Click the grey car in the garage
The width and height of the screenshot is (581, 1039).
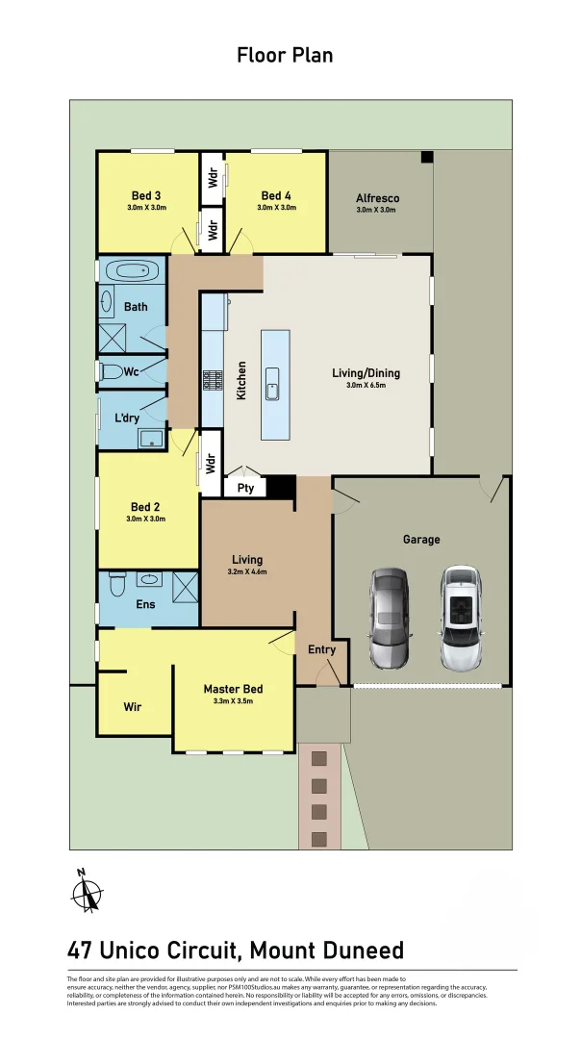(390, 618)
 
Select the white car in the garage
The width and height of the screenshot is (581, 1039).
(460, 618)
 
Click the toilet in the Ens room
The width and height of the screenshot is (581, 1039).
(116, 583)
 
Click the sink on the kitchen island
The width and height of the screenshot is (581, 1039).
(272, 391)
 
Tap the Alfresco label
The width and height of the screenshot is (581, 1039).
(377, 198)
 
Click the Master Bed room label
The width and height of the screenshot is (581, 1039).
(233, 689)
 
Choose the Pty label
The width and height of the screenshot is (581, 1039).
(244, 489)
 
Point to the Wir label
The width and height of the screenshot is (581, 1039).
(133, 707)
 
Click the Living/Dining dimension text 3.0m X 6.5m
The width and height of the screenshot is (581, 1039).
(372, 386)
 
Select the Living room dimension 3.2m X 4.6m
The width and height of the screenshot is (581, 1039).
(246, 571)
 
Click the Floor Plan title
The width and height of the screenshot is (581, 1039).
(285, 55)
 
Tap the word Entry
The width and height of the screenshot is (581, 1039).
(321, 650)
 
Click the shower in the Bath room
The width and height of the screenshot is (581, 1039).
(114, 338)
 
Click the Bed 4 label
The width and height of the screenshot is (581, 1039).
(276, 196)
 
